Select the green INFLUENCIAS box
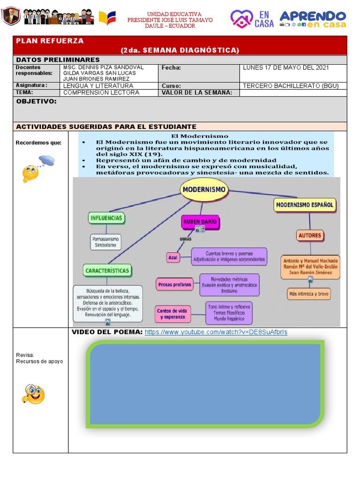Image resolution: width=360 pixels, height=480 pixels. pyautogui.click(x=106, y=218)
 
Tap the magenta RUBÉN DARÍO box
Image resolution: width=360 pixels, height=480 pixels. pyautogui.click(x=200, y=222)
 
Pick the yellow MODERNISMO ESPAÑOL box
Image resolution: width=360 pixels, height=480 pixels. pyautogui.click(x=305, y=205)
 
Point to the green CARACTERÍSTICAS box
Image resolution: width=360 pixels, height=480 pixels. pyautogui.click(x=107, y=270)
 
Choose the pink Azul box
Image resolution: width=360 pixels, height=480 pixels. pyautogui.click(x=173, y=257)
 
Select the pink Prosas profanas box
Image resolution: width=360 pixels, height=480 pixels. pyautogui.click(x=174, y=284)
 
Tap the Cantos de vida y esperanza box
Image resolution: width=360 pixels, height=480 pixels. pyautogui.click(x=174, y=314)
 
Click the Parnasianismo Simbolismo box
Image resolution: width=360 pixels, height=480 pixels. pyautogui.click(x=106, y=242)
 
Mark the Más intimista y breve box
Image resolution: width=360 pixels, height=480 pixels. pyautogui.click(x=309, y=294)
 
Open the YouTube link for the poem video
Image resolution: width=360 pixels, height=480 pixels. pyautogui.click(x=216, y=332)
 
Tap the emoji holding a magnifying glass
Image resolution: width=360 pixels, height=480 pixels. pyautogui.click(x=33, y=394)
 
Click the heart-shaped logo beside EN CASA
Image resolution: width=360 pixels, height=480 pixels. pyautogui.click(x=241, y=19)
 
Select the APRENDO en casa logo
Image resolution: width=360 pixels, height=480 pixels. pyautogui.click(x=313, y=19)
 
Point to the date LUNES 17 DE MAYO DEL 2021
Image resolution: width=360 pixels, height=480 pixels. pyautogui.click(x=286, y=68)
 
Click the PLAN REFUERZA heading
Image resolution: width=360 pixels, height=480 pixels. pyautogui.click(x=50, y=41)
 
